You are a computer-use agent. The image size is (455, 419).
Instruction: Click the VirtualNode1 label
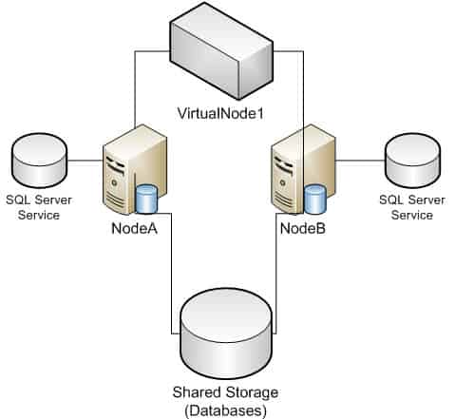pyautogui.click(x=220, y=114)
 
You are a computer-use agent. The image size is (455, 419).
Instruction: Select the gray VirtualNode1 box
pyautogui.click(x=221, y=51)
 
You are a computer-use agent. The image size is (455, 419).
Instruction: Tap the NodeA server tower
pyautogui.click(x=135, y=169)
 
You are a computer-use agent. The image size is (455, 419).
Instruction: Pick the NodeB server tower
pyautogui.click(x=303, y=169)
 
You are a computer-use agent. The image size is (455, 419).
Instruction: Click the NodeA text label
pyautogui.click(x=134, y=228)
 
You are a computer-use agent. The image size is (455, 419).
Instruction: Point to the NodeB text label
pyautogui.click(x=303, y=228)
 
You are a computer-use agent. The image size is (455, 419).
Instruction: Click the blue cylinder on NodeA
pyautogui.click(x=146, y=200)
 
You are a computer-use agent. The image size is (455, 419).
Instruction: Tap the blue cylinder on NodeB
pyautogui.click(x=315, y=200)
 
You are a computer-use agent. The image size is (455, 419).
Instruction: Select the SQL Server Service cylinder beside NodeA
pyautogui.click(x=39, y=161)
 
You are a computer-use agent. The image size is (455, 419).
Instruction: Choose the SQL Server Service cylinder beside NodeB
pyautogui.click(x=412, y=161)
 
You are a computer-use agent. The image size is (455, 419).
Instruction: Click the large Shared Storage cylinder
pyautogui.click(x=226, y=333)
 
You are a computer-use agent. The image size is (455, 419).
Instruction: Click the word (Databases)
pyautogui.click(x=225, y=410)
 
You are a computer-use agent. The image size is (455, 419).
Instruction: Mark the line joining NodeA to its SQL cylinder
pyautogui.click(x=85, y=161)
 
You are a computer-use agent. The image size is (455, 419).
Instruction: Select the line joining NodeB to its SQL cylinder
pyautogui.click(x=360, y=161)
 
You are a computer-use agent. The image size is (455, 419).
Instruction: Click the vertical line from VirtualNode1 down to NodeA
pyautogui.click(x=135, y=89)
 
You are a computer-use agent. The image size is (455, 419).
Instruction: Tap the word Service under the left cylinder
pyautogui.click(x=39, y=215)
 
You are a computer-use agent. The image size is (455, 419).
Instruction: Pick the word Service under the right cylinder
pyautogui.click(x=412, y=215)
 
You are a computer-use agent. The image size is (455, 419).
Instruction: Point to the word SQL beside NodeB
pyautogui.click(x=390, y=200)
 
